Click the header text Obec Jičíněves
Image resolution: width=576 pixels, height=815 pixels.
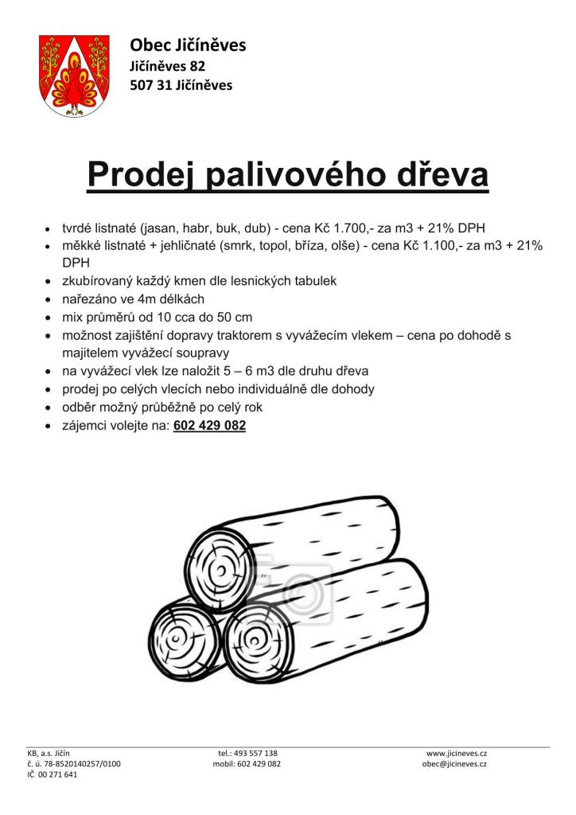tap(188, 45)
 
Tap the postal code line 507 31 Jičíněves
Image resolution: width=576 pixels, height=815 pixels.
tap(181, 85)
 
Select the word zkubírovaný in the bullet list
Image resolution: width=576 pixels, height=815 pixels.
tap(96, 281)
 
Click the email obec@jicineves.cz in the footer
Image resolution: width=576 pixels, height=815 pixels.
tap(454, 763)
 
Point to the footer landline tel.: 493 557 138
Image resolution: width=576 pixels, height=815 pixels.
tap(247, 752)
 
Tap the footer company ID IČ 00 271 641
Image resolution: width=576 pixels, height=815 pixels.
tap(53, 774)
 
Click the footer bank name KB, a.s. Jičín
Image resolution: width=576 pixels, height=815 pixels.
tap(49, 752)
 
